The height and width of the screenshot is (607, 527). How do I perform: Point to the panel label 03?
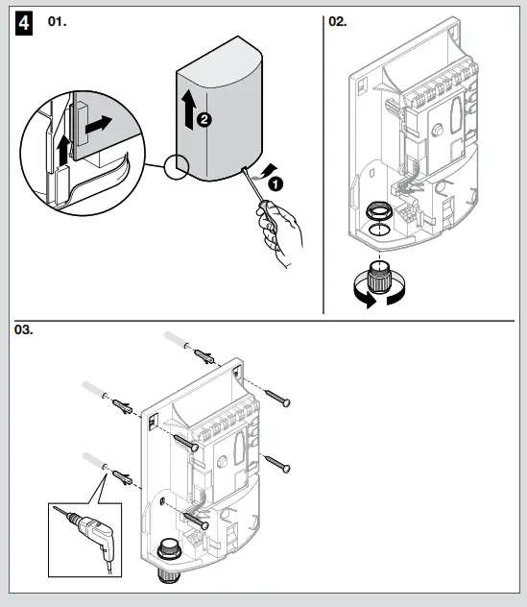click(23, 329)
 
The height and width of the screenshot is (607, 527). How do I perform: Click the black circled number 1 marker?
click(275, 182)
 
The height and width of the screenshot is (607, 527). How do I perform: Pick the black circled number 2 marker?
click(204, 120)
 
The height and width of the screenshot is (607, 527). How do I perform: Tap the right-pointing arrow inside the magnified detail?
click(97, 125)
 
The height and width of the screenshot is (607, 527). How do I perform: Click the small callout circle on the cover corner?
click(177, 166)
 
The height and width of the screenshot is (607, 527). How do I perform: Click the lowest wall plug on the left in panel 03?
click(122, 476)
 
